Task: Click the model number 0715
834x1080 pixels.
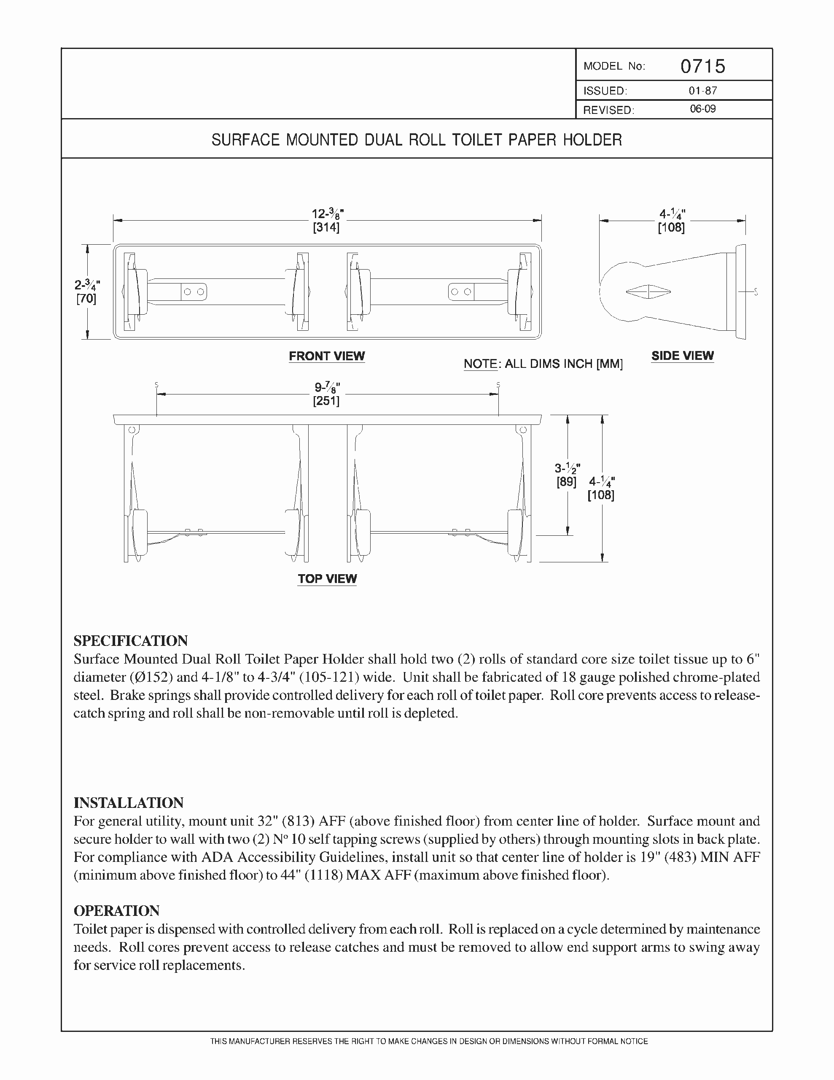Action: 702,66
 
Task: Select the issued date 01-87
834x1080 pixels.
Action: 702,91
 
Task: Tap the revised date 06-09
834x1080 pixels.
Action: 702,109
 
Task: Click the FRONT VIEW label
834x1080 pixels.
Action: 327,356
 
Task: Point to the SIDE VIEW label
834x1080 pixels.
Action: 682,356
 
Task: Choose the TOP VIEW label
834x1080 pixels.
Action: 327,578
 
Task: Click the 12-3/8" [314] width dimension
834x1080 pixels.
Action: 327,221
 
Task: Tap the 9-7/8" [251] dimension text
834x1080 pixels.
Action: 327,394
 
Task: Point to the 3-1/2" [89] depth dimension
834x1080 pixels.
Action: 567,475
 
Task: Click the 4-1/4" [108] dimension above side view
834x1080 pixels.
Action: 671,221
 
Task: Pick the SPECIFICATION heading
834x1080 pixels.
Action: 131,641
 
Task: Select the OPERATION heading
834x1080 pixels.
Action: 117,911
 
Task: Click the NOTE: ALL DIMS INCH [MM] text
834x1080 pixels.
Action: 543,364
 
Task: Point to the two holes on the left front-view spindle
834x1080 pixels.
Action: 194,292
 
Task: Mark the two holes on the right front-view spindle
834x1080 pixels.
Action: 461,292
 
